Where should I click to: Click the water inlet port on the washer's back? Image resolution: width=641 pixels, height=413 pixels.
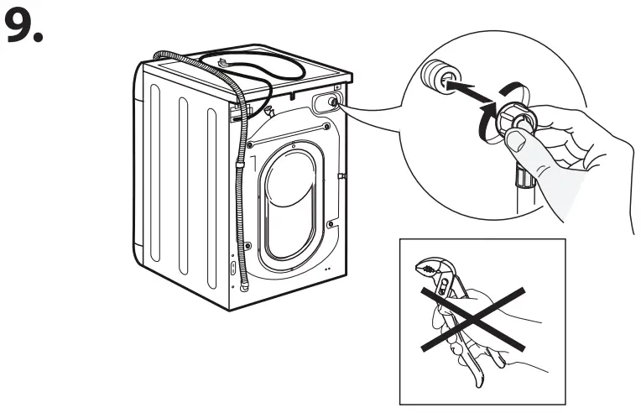pyautogui.click(x=333, y=102)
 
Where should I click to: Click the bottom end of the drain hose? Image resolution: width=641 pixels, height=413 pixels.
pyautogui.click(x=244, y=285)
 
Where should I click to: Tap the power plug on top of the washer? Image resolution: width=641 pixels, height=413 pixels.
pyautogui.click(x=224, y=61)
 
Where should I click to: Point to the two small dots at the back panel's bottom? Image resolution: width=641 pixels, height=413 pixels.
pyautogui.click(x=325, y=269)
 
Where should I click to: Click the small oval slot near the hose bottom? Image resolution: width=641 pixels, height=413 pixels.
pyautogui.click(x=232, y=269)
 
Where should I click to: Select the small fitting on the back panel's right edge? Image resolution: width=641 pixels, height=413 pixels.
pyautogui.click(x=341, y=176)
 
